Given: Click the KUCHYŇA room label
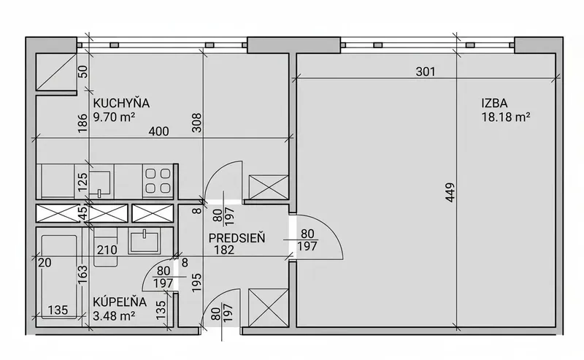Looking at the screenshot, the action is (121, 103).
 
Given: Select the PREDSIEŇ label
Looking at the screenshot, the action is (237, 238).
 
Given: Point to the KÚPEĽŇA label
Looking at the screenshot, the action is (120, 302).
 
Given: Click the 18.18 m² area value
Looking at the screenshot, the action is (506, 117).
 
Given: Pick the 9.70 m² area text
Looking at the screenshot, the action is (114, 117).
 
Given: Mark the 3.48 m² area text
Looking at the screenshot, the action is (114, 316).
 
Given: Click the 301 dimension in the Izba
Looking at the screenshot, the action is (426, 71).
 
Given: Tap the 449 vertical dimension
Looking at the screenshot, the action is (450, 192).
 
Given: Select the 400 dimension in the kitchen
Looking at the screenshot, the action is (158, 131).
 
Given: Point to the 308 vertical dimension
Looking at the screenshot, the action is (196, 123).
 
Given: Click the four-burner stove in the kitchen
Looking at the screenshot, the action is (158, 180).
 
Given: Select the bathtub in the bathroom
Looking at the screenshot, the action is (60, 277).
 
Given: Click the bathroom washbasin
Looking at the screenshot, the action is (144, 241).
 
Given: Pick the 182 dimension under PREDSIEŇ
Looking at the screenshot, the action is (224, 250).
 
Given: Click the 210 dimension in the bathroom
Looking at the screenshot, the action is (107, 249).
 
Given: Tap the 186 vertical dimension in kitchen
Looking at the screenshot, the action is (82, 123).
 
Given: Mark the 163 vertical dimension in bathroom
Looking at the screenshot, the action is (82, 274).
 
